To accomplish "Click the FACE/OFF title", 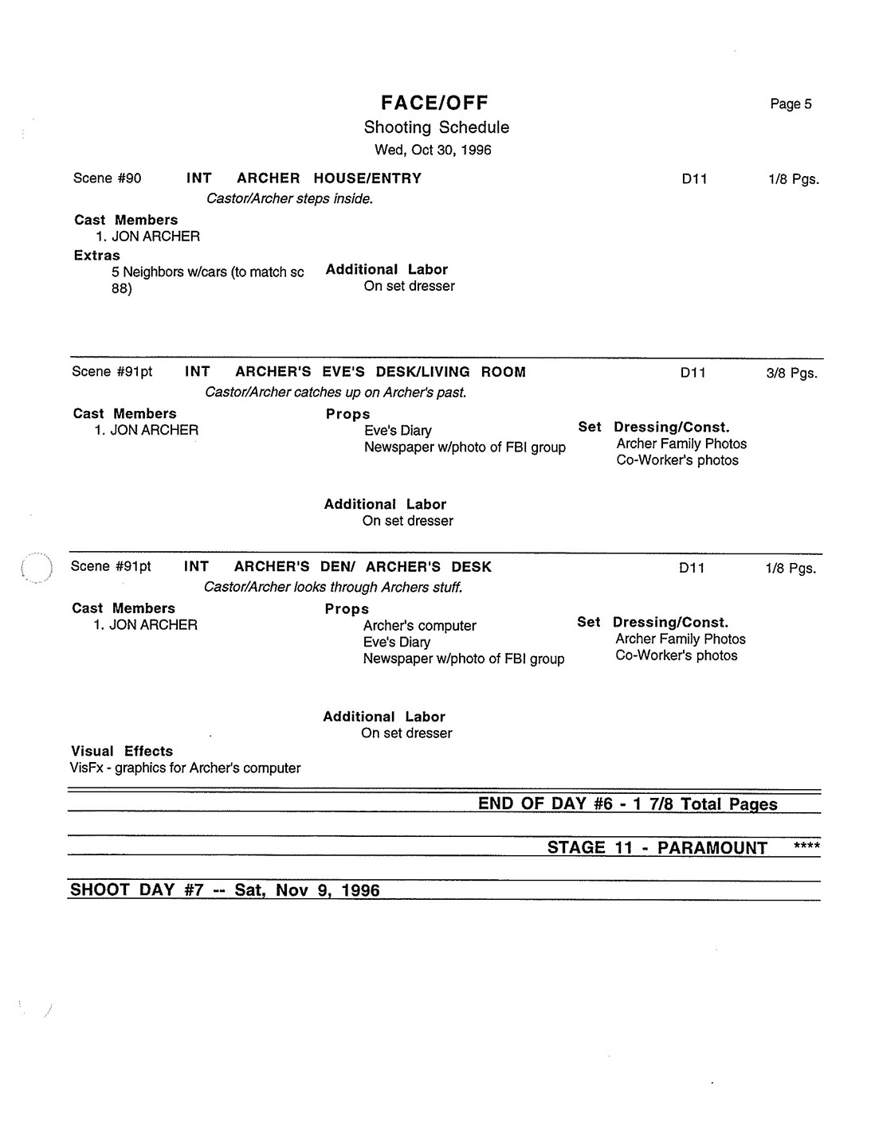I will tap(434, 103).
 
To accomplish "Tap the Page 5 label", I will tap(791, 104).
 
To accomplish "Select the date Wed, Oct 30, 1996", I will tap(433, 150).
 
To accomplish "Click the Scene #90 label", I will tap(107, 178).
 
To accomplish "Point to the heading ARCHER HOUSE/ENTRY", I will tap(328, 178).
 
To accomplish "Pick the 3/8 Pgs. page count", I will tap(791, 373).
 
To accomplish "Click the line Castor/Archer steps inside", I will tap(289, 199).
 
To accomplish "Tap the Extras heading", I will tap(96, 256).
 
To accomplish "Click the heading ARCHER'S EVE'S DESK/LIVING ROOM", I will tap(380, 372).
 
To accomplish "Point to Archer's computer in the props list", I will tap(419, 626).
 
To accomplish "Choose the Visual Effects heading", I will tap(121, 751).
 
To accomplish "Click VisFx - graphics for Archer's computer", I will tap(185, 768).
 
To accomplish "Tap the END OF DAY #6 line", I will tap(627, 803).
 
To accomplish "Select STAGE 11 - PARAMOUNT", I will tap(657, 847).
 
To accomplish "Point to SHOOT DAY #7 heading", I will tap(225, 890).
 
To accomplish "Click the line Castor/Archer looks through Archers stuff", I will tap(333, 588).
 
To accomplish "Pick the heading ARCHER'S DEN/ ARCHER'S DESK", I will tap(363, 567).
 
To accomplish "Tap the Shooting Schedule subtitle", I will tap(436, 127).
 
